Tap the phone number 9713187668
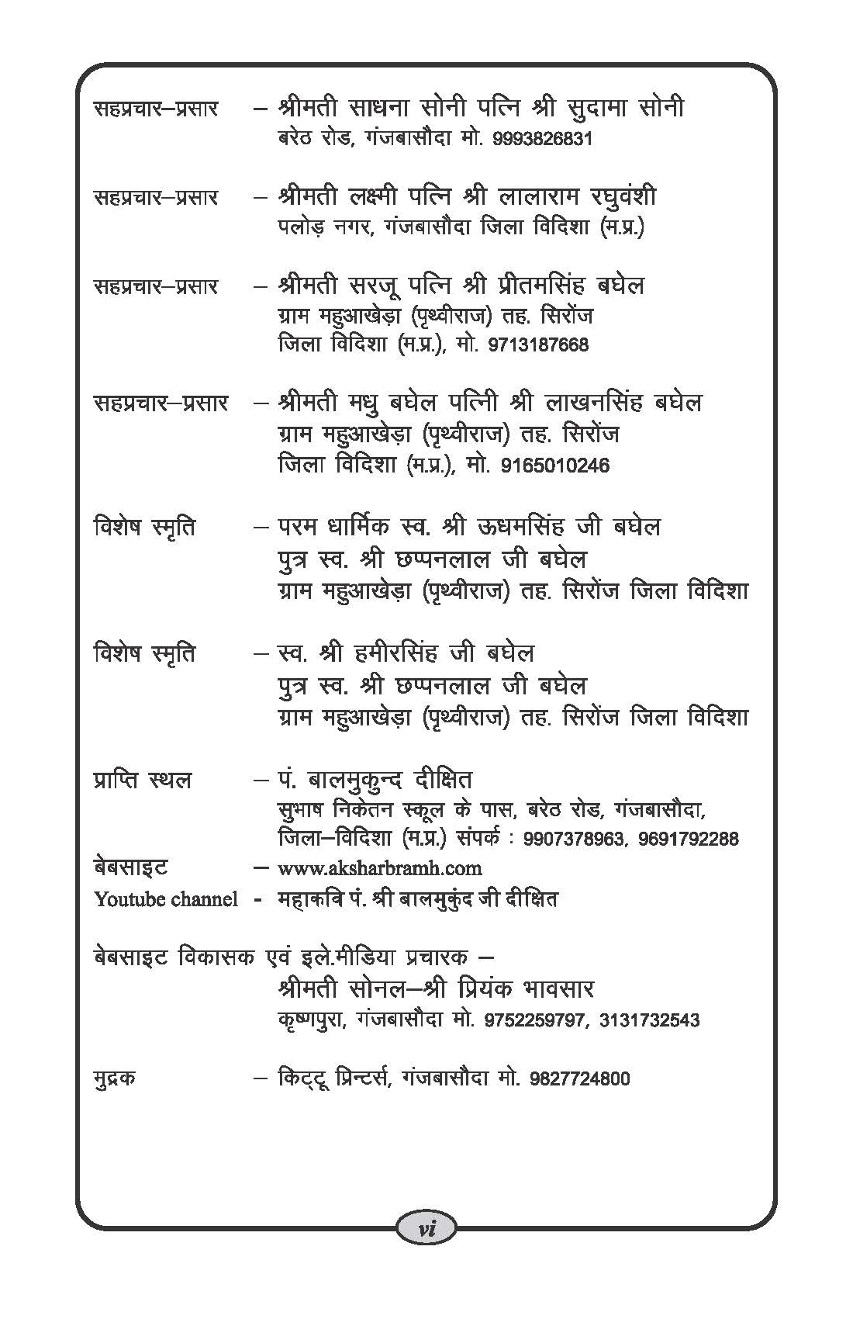538,344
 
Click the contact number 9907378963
575,839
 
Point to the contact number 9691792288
689,839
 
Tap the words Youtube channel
166,899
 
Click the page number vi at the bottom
426,1228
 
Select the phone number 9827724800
580,1078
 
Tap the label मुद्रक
115,1078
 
